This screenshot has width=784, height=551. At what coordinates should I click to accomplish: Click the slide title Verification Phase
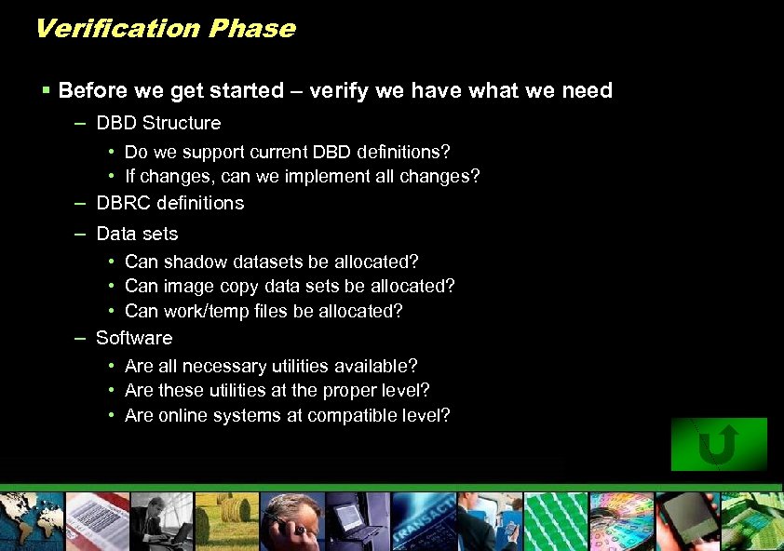165,29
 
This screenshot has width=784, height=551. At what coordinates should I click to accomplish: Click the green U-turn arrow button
719,444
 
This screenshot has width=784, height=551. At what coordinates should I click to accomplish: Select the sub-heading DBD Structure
158,123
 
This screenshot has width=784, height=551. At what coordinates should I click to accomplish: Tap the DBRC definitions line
169,203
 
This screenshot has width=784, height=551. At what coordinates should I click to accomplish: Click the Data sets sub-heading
137,234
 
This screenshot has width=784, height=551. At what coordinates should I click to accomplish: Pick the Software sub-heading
134,338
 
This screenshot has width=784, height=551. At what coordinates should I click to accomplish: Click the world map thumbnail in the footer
32,521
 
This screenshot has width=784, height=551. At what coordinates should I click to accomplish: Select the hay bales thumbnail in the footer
227,521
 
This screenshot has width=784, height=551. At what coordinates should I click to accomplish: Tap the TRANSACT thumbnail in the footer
424,521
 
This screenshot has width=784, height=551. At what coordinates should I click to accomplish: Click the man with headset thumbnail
292,521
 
